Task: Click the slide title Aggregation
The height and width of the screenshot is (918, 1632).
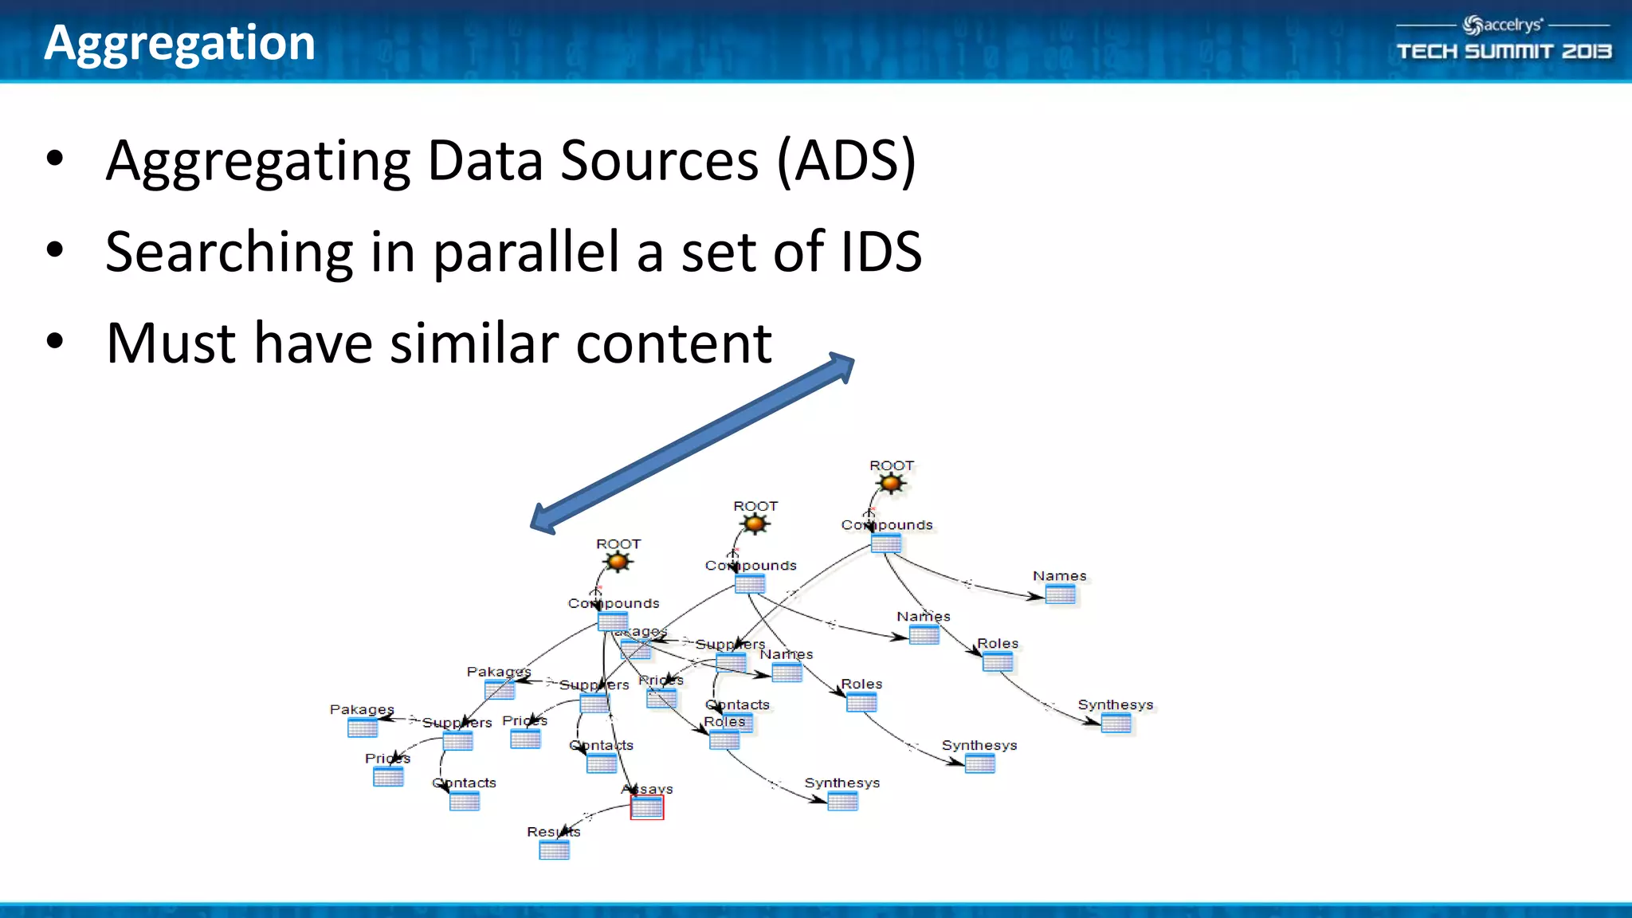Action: [179, 43]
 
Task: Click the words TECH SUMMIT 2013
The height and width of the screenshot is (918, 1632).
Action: [1504, 52]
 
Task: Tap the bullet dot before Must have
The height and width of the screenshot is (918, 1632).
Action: [54, 341]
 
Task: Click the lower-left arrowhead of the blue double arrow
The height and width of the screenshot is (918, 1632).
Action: [543, 520]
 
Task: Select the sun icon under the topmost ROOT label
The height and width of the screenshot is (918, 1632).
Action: [890, 484]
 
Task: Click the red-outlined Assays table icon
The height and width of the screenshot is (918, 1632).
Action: [646, 807]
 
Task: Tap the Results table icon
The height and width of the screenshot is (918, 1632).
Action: [554, 850]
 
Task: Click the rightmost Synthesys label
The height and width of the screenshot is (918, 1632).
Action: [1115, 704]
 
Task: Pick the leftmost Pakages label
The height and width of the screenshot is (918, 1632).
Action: [362, 709]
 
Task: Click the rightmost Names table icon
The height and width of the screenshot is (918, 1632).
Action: [1060, 594]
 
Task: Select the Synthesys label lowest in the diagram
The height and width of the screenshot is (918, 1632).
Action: [841, 783]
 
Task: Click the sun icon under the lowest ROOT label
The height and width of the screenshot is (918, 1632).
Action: [618, 562]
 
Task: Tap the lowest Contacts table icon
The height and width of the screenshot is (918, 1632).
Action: [464, 801]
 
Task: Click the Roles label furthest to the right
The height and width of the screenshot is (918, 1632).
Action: [998, 643]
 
